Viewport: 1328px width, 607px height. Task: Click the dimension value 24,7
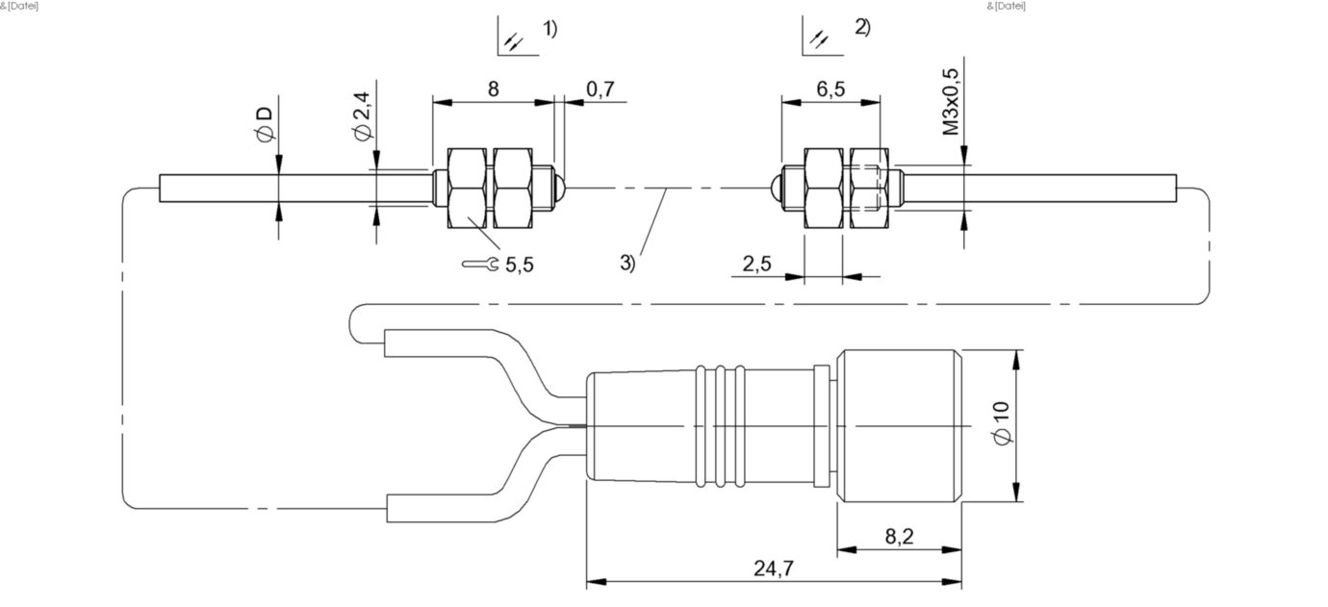[773, 569]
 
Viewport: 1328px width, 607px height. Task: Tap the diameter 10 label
[1002, 423]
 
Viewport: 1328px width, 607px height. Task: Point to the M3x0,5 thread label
[951, 100]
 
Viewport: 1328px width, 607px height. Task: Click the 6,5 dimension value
[830, 89]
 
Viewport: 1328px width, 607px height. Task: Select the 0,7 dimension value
[600, 89]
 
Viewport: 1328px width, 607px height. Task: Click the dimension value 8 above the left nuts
[493, 89]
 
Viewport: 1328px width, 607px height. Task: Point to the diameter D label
[265, 125]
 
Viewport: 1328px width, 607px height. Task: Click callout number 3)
[627, 262]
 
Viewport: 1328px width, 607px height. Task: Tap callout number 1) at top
[549, 29]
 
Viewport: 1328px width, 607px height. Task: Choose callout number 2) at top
[862, 27]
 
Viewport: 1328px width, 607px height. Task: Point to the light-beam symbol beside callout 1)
[514, 40]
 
